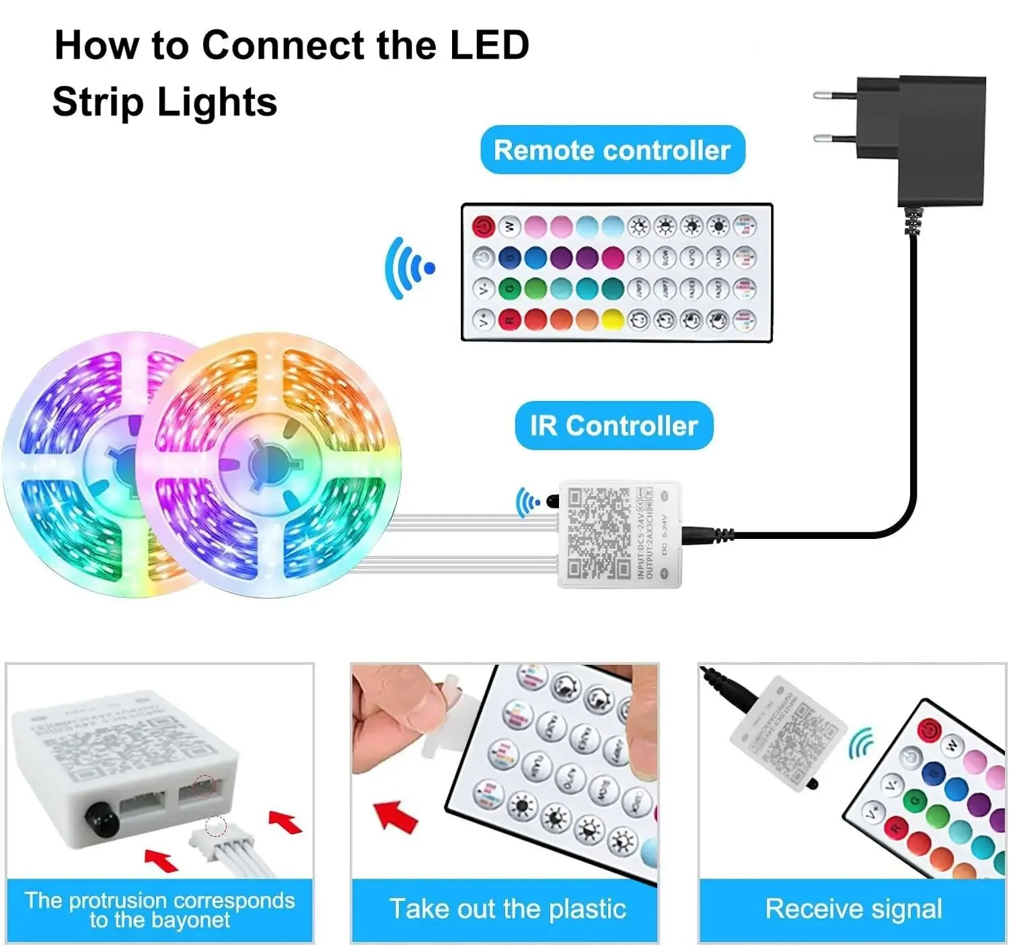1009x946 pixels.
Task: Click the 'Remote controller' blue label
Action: tap(612, 150)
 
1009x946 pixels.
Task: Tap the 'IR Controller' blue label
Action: tap(613, 426)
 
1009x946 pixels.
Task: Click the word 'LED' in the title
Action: tap(489, 46)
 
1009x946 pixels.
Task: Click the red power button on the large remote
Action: tap(483, 227)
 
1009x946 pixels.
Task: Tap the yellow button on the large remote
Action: tap(612, 320)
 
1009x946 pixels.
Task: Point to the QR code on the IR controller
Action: tap(598, 534)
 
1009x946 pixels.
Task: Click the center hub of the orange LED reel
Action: tap(270, 464)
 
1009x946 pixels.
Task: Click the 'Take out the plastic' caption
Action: tap(507, 909)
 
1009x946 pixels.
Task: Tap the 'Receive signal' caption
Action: tap(853, 909)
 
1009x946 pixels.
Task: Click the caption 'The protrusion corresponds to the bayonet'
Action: tap(159, 910)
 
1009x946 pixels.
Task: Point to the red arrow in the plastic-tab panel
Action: tap(396, 815)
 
